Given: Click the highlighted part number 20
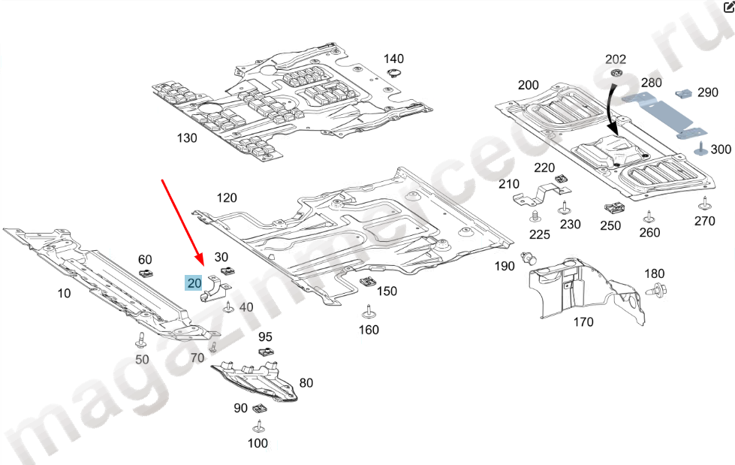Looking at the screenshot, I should click(194, 283).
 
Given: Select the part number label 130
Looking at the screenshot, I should click(186, 137).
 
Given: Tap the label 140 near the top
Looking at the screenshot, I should click(393, 59).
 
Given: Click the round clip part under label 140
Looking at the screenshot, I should click(393, 73).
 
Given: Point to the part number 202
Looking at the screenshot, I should click(616, 59).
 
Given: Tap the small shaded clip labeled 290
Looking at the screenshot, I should click(685, 93).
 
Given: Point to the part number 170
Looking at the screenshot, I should click(583, 322).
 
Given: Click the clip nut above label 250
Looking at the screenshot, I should click(611, 207).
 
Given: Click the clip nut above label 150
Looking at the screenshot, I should click(368, 281).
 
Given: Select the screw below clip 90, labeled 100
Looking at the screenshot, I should click(258, 427).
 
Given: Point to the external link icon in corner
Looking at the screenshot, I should click(727, 7).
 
